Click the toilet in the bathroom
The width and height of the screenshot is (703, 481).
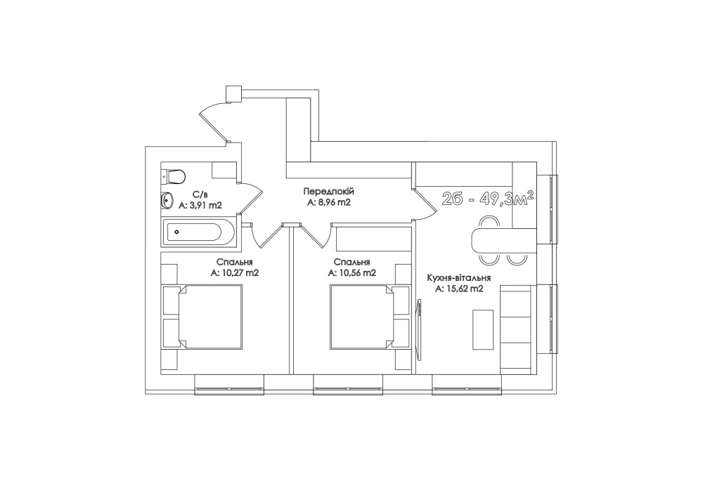(x=174, y=176)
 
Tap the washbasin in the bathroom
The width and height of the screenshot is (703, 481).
(x=167, y=201)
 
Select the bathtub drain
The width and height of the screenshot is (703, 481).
(x=176, y=232)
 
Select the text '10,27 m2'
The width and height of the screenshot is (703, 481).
(x=239, y=272)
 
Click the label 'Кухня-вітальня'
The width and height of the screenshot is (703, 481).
(x=458, y=278)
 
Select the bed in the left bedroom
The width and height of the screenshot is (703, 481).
(x=210, y=316)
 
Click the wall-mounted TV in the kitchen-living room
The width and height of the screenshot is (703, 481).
(x=419, y=329)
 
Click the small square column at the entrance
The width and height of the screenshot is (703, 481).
(x=233, y=94)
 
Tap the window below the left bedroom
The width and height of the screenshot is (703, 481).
(x=229, y=385)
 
